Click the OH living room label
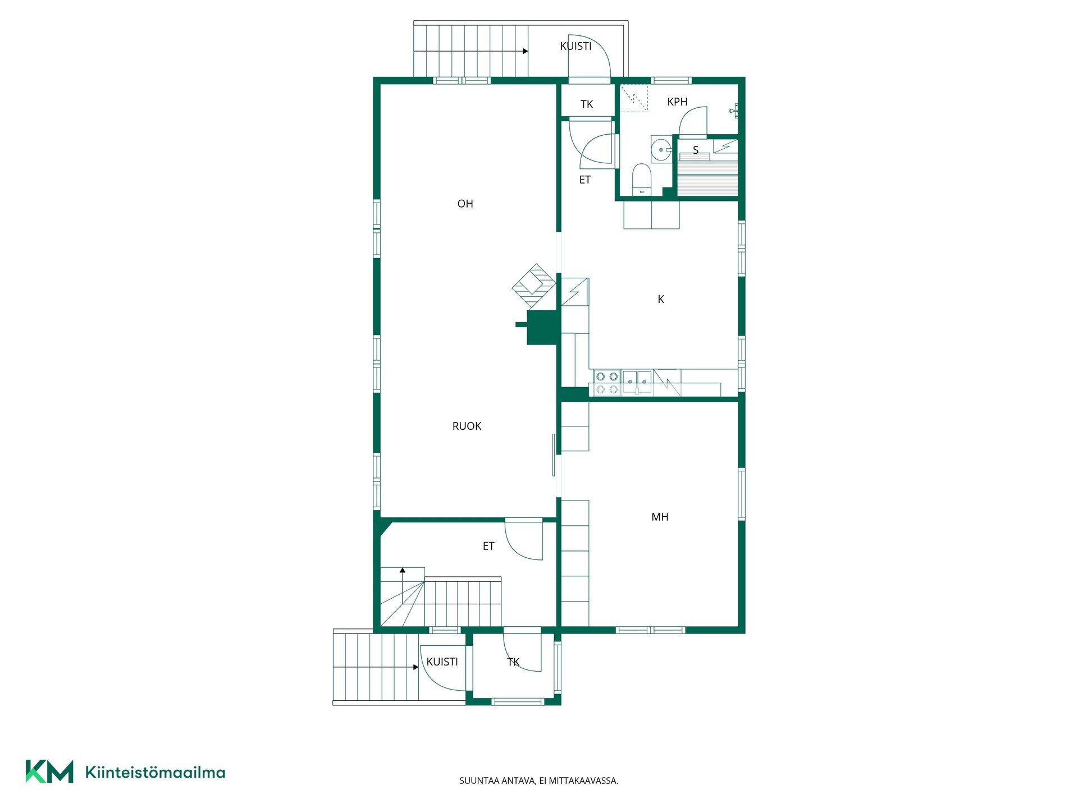pyautogui.click(x=465, y=204)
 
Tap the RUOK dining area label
pyautogui.click(x=467, y=426)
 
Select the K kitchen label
pyautogui.click(x=661, y=300)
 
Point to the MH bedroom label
pyautogui.click(x=660, y=517)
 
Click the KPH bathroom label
pyautogui.click(x=677, y=102)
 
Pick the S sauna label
pyautogui.click(x=696, y=150)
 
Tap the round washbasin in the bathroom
pyautogui.click(x=661, y=149)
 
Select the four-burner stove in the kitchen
pyautogui.click(x=606, y=383)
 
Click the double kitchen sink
pyautogui.click(x=637, y=382)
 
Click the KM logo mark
pyautogui.click(x=49, y=772)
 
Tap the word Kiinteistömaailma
pyautogui.click(x=155, y=772)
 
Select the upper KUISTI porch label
pyautogui.click(x=575, y=47)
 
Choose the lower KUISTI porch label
pyautogui.click(x=442, y=662)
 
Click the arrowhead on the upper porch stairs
pyautogui.click(x=526, y=51)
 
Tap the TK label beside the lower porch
pyautogui.click(x=513, y=663)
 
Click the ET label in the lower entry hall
pyautogui.click(x=488, y=546)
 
